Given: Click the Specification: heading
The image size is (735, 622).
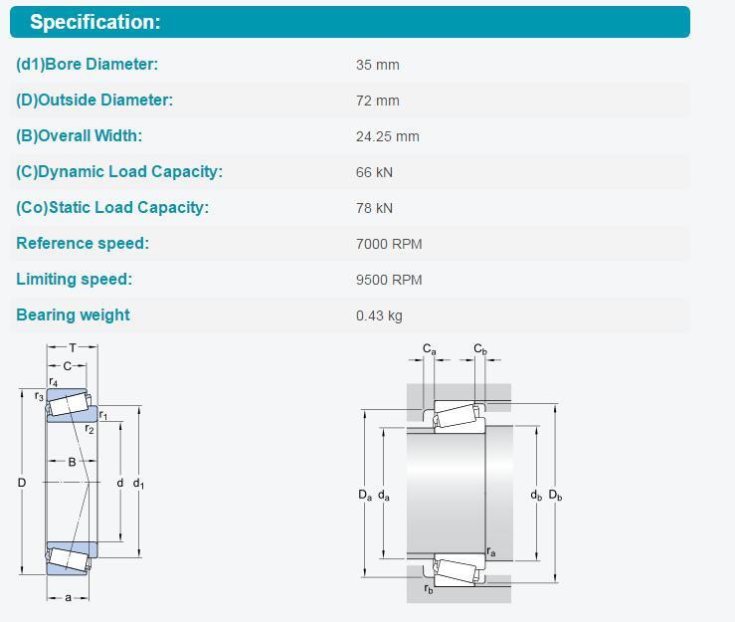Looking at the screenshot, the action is pyautogui.click(x=95, y=22).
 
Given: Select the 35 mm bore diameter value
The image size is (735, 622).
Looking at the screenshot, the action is pyautogui.click(x=377, y=65).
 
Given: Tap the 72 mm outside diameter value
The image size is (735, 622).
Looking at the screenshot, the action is pyautogui.click(x=377, y=101).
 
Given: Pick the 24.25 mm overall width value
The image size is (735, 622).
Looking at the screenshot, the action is pyautogui.click(x=387, y=136).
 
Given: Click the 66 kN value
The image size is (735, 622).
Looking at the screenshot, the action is pyautogui.click(x=374, y=172).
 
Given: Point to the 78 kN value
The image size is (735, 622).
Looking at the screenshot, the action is pyautogui.click(x=374, y=208).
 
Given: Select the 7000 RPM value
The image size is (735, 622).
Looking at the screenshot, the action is pyautogui.click(x=389, y=244).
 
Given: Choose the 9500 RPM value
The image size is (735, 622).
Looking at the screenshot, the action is pyautogui.click(x=389, y=280).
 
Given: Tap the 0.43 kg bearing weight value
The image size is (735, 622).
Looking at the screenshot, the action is pyautogui.click(x=379, y=315).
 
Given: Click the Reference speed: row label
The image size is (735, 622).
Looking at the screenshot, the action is pyautogui.click(x=83, y=243).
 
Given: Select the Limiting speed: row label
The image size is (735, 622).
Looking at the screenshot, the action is pyautogui.click(x=74, y=279).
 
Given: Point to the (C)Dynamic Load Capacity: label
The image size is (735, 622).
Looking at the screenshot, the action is pyautogui.click(x=119, y=172).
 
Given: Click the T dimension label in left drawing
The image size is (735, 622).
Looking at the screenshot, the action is pyautogui.click(x=73, y=348).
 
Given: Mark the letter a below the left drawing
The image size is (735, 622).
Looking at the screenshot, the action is pyautogui.click(x=69, y=597).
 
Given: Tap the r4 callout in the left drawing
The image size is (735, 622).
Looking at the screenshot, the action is pyautogui.click(x=53, y=382).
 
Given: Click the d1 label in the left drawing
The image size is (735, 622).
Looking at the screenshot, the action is pyautogui.click(x=138, y=483).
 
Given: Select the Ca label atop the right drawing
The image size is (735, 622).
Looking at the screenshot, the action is pyautogui.click(x=430, y=349).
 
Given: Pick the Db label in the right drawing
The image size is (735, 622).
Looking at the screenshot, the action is pyautogui.click(x=555, y=495).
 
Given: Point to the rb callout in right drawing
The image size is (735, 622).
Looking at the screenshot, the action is pyautogui.click(x=429, y=589).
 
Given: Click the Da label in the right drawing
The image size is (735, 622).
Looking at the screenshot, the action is pyautogui.click(x=365, y=495).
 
